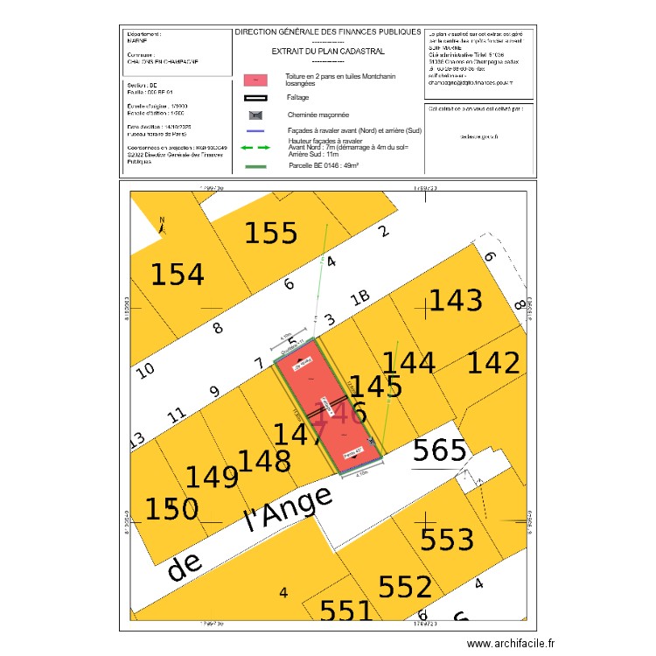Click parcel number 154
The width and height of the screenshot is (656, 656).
tap(178, 275)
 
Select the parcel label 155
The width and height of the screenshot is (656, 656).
tap(270, 234)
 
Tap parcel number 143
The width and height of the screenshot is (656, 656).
tap(455, 302)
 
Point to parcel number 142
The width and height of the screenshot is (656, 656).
tap(493, 362)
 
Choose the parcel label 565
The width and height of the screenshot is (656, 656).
tap(439, 450)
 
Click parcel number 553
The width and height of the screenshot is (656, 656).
tap(448, 540)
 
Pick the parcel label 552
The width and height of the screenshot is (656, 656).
tap(405, 587)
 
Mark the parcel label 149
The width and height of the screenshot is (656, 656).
tap(211, 478)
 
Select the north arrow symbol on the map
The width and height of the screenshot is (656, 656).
tap(163, 227)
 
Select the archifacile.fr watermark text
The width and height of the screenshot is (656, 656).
tap(511, 643)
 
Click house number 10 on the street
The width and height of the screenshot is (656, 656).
tap(147, 369)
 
